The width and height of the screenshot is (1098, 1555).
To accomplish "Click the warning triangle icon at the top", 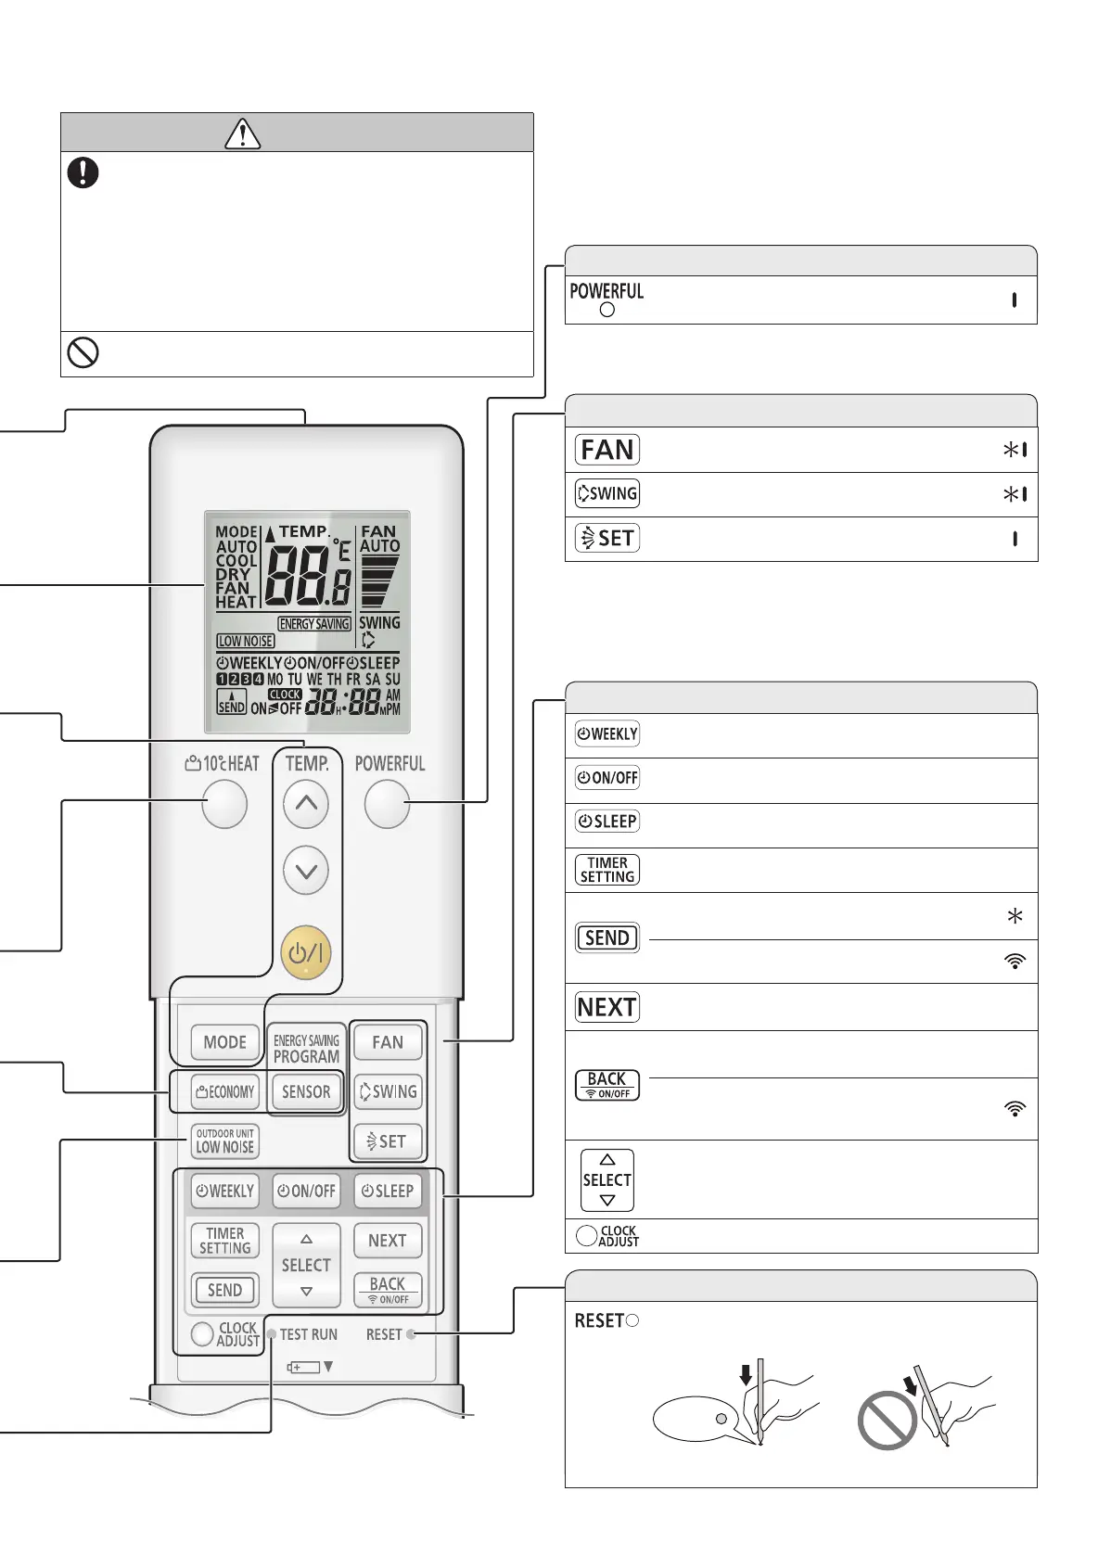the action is click(x=242, y=134).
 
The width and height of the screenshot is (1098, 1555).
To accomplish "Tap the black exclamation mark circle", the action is click(x=83, y=172).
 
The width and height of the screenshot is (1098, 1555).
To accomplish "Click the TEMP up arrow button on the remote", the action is click(x=306, y=804).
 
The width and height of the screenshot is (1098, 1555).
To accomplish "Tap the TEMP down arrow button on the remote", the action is click(x=306, y=871).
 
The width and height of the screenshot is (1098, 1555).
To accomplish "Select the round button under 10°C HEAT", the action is click(x=224, y=804).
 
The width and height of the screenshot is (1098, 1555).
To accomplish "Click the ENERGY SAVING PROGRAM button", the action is click(x=306, y=1048).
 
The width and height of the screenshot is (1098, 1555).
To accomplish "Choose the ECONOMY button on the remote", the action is click(x=224, y=1091).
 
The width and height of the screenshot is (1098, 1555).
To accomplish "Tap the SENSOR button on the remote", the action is click(x=306, y=1091).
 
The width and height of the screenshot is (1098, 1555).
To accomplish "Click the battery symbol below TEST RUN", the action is click(x=303, y=1367).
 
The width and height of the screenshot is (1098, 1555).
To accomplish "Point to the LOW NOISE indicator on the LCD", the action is click(x=246, y=641).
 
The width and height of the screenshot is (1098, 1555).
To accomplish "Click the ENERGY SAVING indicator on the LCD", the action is click(x=314, y=624).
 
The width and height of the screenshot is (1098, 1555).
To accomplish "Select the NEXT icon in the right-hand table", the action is click(x=607, y=1007).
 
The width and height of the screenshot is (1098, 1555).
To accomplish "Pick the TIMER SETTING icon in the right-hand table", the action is click(x=607, y=870).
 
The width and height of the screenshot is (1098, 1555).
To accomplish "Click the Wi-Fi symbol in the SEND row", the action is click(x=1015, y=962).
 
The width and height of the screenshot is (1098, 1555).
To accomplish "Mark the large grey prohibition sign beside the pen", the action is click(x=887, y=1421).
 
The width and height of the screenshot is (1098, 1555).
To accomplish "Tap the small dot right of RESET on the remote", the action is click(x=411, y=1334).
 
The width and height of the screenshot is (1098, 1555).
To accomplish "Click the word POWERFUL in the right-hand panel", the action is click(x=606, y=291).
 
